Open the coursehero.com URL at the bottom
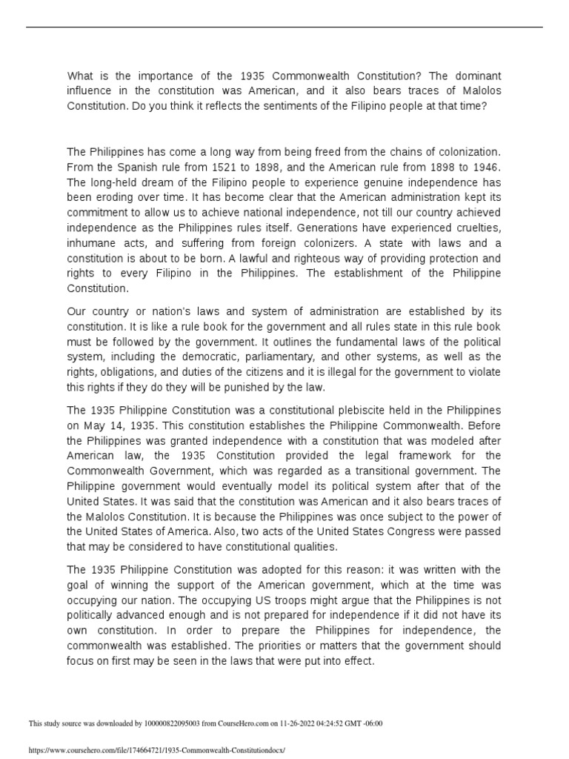[156, 750]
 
